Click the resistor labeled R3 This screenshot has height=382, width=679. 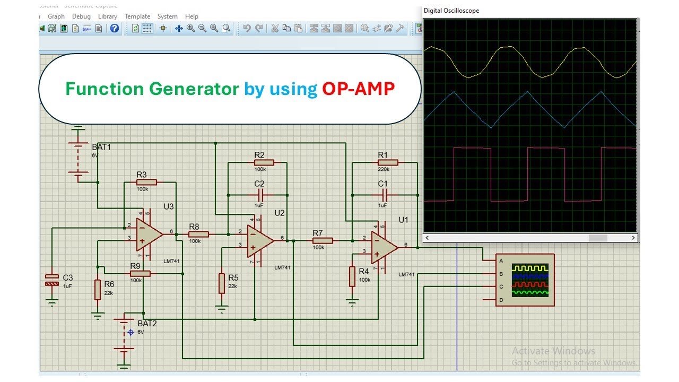tap(147, 183)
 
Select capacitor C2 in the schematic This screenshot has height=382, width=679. tap(259, 195)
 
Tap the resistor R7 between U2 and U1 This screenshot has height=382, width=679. tap(323, 241)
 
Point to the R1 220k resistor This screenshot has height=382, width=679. tap(387, 163)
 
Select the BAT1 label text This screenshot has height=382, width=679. tap(101, 146)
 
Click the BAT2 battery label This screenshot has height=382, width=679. tap(147, 323)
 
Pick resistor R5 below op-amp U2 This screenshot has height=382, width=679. tap(222, 283)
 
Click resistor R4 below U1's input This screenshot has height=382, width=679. tap(352, 276)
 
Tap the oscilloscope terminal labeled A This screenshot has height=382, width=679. tap(501, 261)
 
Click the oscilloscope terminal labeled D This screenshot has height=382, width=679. tap(501, 300)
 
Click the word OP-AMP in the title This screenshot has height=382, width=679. tap(359, 89)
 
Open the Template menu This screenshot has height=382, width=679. tap(137, 16)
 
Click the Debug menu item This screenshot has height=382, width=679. tap(81, 16)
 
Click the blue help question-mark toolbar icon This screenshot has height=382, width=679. tap(115, 29)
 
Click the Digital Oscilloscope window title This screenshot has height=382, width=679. tap(451, 11)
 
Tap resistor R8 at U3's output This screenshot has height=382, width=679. tap(198, 234)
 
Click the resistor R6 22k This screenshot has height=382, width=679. tap(98, 290)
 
